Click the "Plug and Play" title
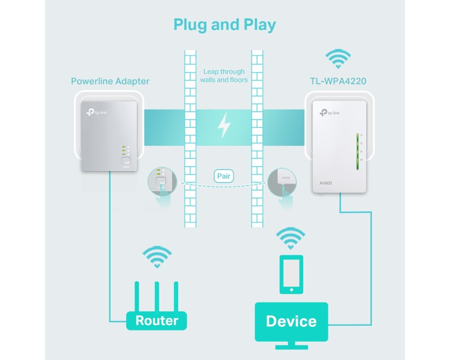point(225,24)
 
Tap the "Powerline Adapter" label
point(110,81)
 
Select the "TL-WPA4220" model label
point(338,81)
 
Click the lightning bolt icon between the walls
point(224,126)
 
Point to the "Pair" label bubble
point(224,175)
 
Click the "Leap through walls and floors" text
point(224,76)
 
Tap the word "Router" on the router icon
point(157,320)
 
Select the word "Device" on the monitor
point(291,321)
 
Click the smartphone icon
point(291,274)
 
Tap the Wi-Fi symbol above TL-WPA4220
point(338,59)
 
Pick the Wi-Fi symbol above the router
point(156,257)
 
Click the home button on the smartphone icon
point(291,289)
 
